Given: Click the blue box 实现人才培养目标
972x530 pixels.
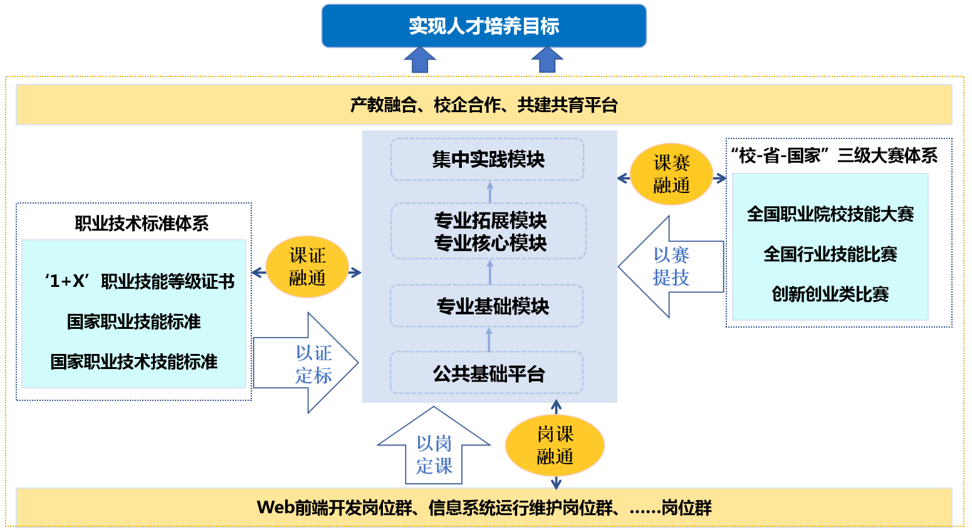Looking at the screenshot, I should [484, 26].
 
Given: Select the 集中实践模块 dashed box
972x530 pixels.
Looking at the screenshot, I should [488, 160].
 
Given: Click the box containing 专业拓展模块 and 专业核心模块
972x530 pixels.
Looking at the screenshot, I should [489, 231].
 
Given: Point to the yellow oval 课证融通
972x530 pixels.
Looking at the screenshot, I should [307, 266].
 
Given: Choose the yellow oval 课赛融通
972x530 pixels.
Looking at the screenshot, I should [671, 174].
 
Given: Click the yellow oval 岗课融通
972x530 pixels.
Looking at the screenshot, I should [555, 445].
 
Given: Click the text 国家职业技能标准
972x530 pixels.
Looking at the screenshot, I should [133, 322].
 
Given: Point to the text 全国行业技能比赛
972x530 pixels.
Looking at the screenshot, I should [830, 254].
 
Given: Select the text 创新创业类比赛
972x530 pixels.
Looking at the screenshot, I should [830, 294].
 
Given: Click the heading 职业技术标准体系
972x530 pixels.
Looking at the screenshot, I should [142, 224].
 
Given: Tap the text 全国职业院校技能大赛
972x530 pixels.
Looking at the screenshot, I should [830, 214].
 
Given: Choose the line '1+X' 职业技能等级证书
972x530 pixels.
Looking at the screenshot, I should [140, 281].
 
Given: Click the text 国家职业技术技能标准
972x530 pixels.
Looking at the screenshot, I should [133, 362].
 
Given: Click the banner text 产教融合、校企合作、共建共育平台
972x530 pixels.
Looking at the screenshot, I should [484, 105].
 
